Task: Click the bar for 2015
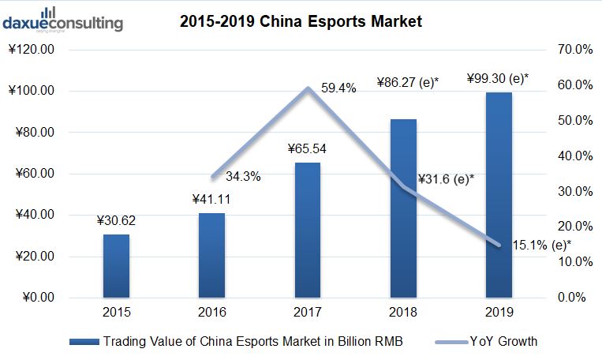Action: (116, 266)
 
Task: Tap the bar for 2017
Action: (308, 230)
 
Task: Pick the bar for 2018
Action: (403, 208)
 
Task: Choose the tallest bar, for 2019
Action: (499, 195)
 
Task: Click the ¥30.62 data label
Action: (117, 221)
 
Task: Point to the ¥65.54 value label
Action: (308, 149)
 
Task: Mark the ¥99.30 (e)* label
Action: (498, 78)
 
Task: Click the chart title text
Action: (301, 22)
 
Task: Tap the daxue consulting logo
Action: (62, 19)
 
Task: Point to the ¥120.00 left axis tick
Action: (34, 50)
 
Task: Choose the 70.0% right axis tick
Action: (575, 50)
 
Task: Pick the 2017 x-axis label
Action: (308, 313)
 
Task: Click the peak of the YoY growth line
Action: (308, 88)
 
